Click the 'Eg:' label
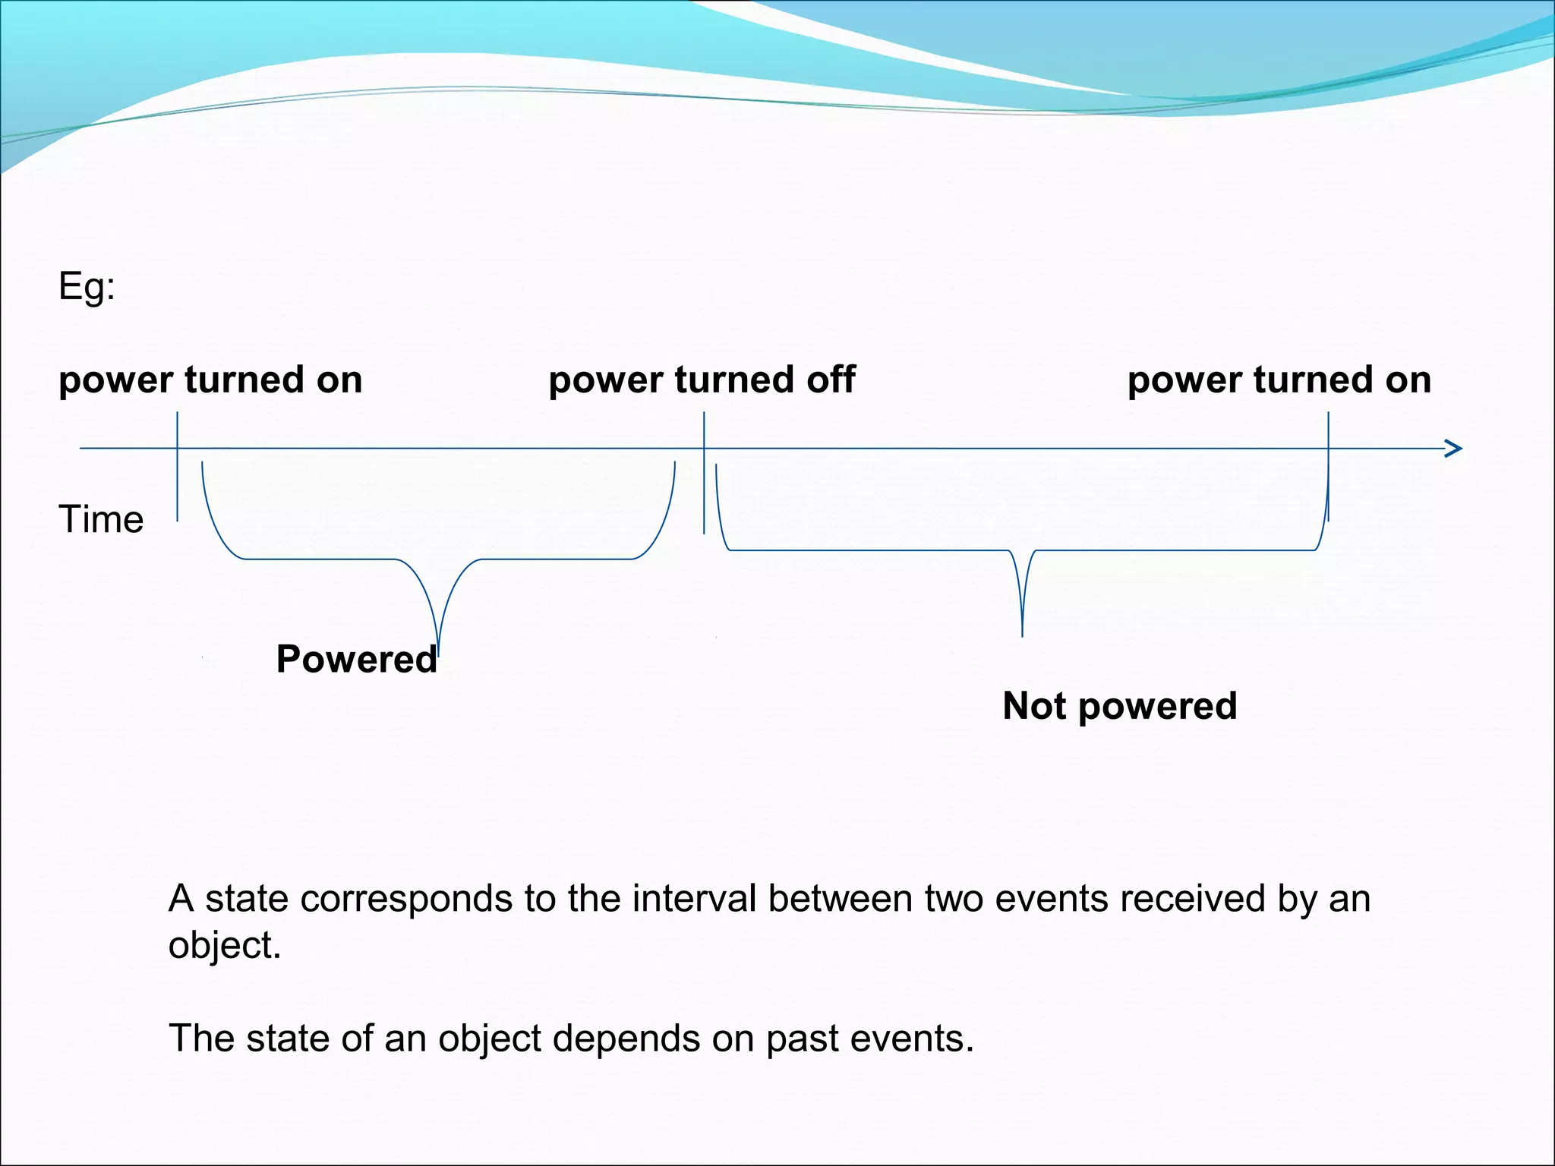point(87,288)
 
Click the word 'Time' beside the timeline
point(101,520)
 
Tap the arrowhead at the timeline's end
point(1453,449)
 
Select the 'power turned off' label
point(702,380)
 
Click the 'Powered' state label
point(356,659)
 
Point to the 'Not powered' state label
point(1119,706)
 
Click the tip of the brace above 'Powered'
point(438,645)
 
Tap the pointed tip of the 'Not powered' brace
point(1022,632)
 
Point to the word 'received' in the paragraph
point(1192,899)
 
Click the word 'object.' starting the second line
point(225,946)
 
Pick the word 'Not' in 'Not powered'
point(1035,706)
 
